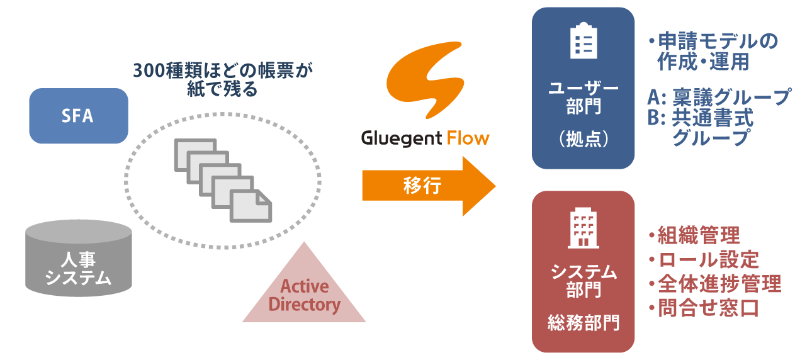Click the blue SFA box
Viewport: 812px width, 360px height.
78,116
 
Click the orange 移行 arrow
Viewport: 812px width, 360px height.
428,186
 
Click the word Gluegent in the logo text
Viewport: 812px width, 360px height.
401,137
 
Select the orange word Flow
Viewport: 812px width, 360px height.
468,137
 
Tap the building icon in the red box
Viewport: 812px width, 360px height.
583,228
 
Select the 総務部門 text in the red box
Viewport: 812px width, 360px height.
583,323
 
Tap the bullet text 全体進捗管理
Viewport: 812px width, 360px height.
718,283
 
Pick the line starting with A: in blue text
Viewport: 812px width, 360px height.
718,97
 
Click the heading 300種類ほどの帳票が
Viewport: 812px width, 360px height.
223,70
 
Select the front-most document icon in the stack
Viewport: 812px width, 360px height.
251,205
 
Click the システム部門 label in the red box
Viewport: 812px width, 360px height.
583,281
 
